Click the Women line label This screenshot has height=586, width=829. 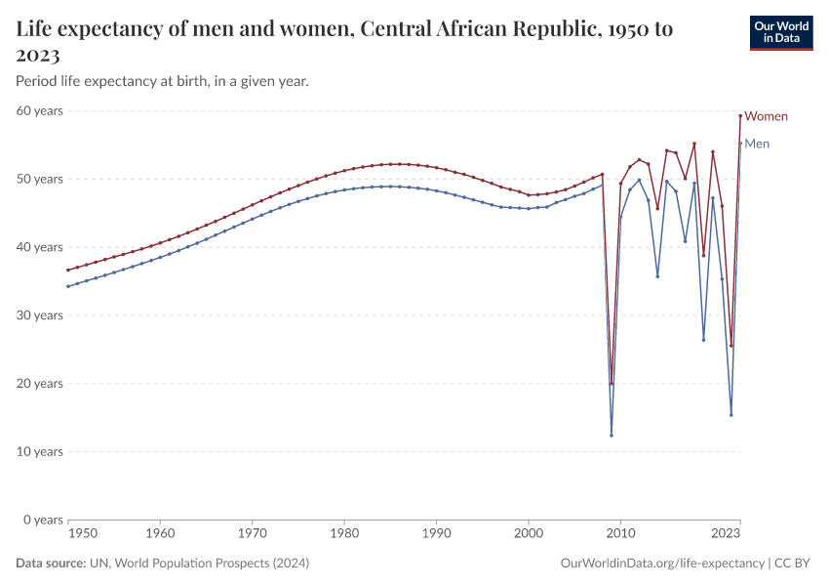(766, 116)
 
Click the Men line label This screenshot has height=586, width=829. (757, 144)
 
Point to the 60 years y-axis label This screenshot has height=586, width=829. (40, 110)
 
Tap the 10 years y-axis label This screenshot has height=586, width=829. (40, 451)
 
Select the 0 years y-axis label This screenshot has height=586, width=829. (43, 520)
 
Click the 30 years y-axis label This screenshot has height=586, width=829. (40, 314)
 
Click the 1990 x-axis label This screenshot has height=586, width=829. (436, 534)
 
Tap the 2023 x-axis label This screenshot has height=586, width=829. (726, 534)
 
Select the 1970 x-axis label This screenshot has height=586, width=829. (252, 534)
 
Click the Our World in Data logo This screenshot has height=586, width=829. (780, 32)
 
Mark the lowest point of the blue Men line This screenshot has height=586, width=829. (612, 436)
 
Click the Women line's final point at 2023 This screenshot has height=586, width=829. (740, 115)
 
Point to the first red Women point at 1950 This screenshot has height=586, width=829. (67, 270)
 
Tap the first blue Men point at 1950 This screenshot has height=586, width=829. (67, 286)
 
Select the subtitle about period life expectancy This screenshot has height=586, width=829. (163, 81)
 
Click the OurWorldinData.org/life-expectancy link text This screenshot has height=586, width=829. (663, 564)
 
